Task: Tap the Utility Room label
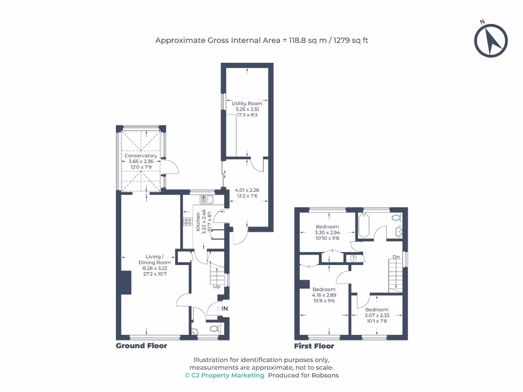tap(247, 104)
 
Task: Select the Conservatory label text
tap(140, 156)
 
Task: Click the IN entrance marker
tap(224, 309)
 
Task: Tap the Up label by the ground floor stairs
tap(217, 286)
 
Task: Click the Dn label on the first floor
tap(396, 257)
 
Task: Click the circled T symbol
tap(353, 259)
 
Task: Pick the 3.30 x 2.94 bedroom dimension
tap(327, 233)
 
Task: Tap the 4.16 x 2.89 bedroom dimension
tap(324, 295)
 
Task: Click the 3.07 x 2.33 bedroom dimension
tap(376, 315)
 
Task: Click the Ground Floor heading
tap(141, 346)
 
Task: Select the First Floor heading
tap(314, 346)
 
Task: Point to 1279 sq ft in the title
tap(351, 40)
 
